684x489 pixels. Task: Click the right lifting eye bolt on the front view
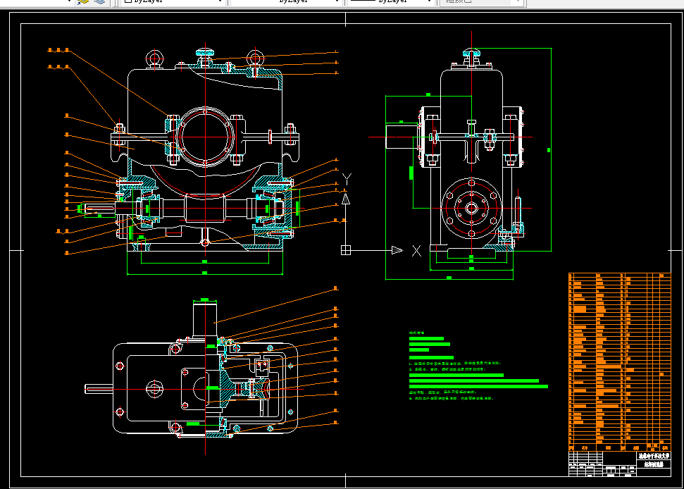tap(255, 58)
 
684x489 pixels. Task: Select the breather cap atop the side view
tap(471, 53)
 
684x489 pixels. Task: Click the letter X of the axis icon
tap(416, 250)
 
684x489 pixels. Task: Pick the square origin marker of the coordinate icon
tap(346, 249)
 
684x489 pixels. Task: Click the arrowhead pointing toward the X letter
tap(397, 249)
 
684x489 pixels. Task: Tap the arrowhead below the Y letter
tap(346, 199)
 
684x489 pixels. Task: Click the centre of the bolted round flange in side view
tap(470, 209)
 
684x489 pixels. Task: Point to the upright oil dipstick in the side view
tap(518, 211)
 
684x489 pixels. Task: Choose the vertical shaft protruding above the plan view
tap(204, 321)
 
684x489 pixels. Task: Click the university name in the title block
tap(654, 456)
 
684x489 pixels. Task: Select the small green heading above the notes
tap(418, 332)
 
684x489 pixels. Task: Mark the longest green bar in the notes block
tap(478, 386)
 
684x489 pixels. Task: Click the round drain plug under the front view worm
tap(205, 242)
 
